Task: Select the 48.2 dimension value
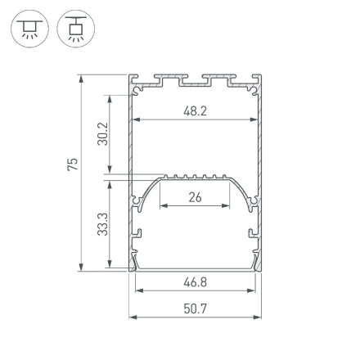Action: point(195,110)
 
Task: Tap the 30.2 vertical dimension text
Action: point(102,133)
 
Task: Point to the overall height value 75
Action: point(72,164)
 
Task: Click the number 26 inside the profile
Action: point(195,197)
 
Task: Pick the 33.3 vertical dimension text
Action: point(102,223)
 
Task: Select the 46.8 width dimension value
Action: point(195,282)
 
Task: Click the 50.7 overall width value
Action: point(195,308)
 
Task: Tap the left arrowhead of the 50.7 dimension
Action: point(133,316)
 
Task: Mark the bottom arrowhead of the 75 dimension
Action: point(82,268)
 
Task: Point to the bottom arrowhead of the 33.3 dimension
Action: point(110,267)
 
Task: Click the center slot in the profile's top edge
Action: point(195,80)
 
